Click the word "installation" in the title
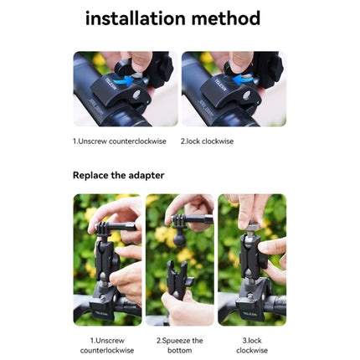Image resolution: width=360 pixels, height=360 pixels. (136, 18)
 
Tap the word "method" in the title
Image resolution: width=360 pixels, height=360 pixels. (226, 18)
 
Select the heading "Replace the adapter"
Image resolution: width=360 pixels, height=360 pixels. (118, 176)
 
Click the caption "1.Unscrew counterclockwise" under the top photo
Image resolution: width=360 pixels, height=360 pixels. (120, 141)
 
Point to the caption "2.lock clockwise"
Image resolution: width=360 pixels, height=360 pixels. (207, 141)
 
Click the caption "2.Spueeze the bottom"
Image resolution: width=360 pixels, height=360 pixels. (180, 346)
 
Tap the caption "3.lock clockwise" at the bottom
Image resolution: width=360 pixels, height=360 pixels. (252, 346)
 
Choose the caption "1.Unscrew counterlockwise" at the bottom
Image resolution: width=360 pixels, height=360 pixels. (107, 346)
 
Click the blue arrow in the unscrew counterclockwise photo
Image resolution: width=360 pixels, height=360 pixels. (127, 80)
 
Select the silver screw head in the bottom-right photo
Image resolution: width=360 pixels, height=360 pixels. (253, 226)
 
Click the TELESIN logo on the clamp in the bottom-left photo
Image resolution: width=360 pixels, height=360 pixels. (101, 313)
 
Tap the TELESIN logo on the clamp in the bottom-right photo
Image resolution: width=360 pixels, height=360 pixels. (250, 314)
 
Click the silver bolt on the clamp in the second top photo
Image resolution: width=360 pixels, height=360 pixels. (247, 95)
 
